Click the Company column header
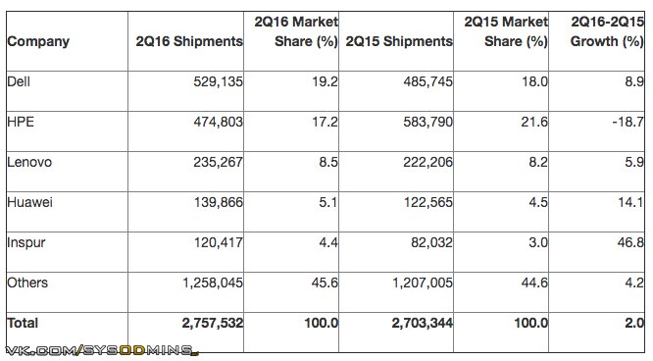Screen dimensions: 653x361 (x=38, y=41)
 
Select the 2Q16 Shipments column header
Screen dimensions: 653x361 (x=189, y=41)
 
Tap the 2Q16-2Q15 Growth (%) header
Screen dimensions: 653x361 (x=607, y=31)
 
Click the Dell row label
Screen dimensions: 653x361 (x=19, y=81)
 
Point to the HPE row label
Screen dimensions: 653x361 (x=21, y=122)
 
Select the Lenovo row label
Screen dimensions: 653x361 (x=29, y=162)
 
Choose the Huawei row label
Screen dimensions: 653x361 (x=30, y=202)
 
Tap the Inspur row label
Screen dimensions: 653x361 (x=26, y=243)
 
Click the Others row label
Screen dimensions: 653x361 (x=27, y=283)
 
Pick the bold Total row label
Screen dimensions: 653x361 (x=23, y=323)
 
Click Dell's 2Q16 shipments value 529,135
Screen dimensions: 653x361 (x=219, y=81)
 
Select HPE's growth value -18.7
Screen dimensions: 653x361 (x=628, y=122)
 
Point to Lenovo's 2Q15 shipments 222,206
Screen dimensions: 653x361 (x=427, y=162)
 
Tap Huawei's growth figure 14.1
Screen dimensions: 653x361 (x=630, y=202)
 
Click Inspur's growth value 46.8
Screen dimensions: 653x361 (x=630, y=242)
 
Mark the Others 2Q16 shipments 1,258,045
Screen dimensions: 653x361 (x=213, y=284)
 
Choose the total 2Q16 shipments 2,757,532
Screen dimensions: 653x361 (x=213, y=323)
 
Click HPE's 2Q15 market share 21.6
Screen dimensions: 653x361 (x=534, y=122)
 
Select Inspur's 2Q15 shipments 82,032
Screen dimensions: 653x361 (x=431, y=242)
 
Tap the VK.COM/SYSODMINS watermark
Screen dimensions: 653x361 (x=102, y=350)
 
